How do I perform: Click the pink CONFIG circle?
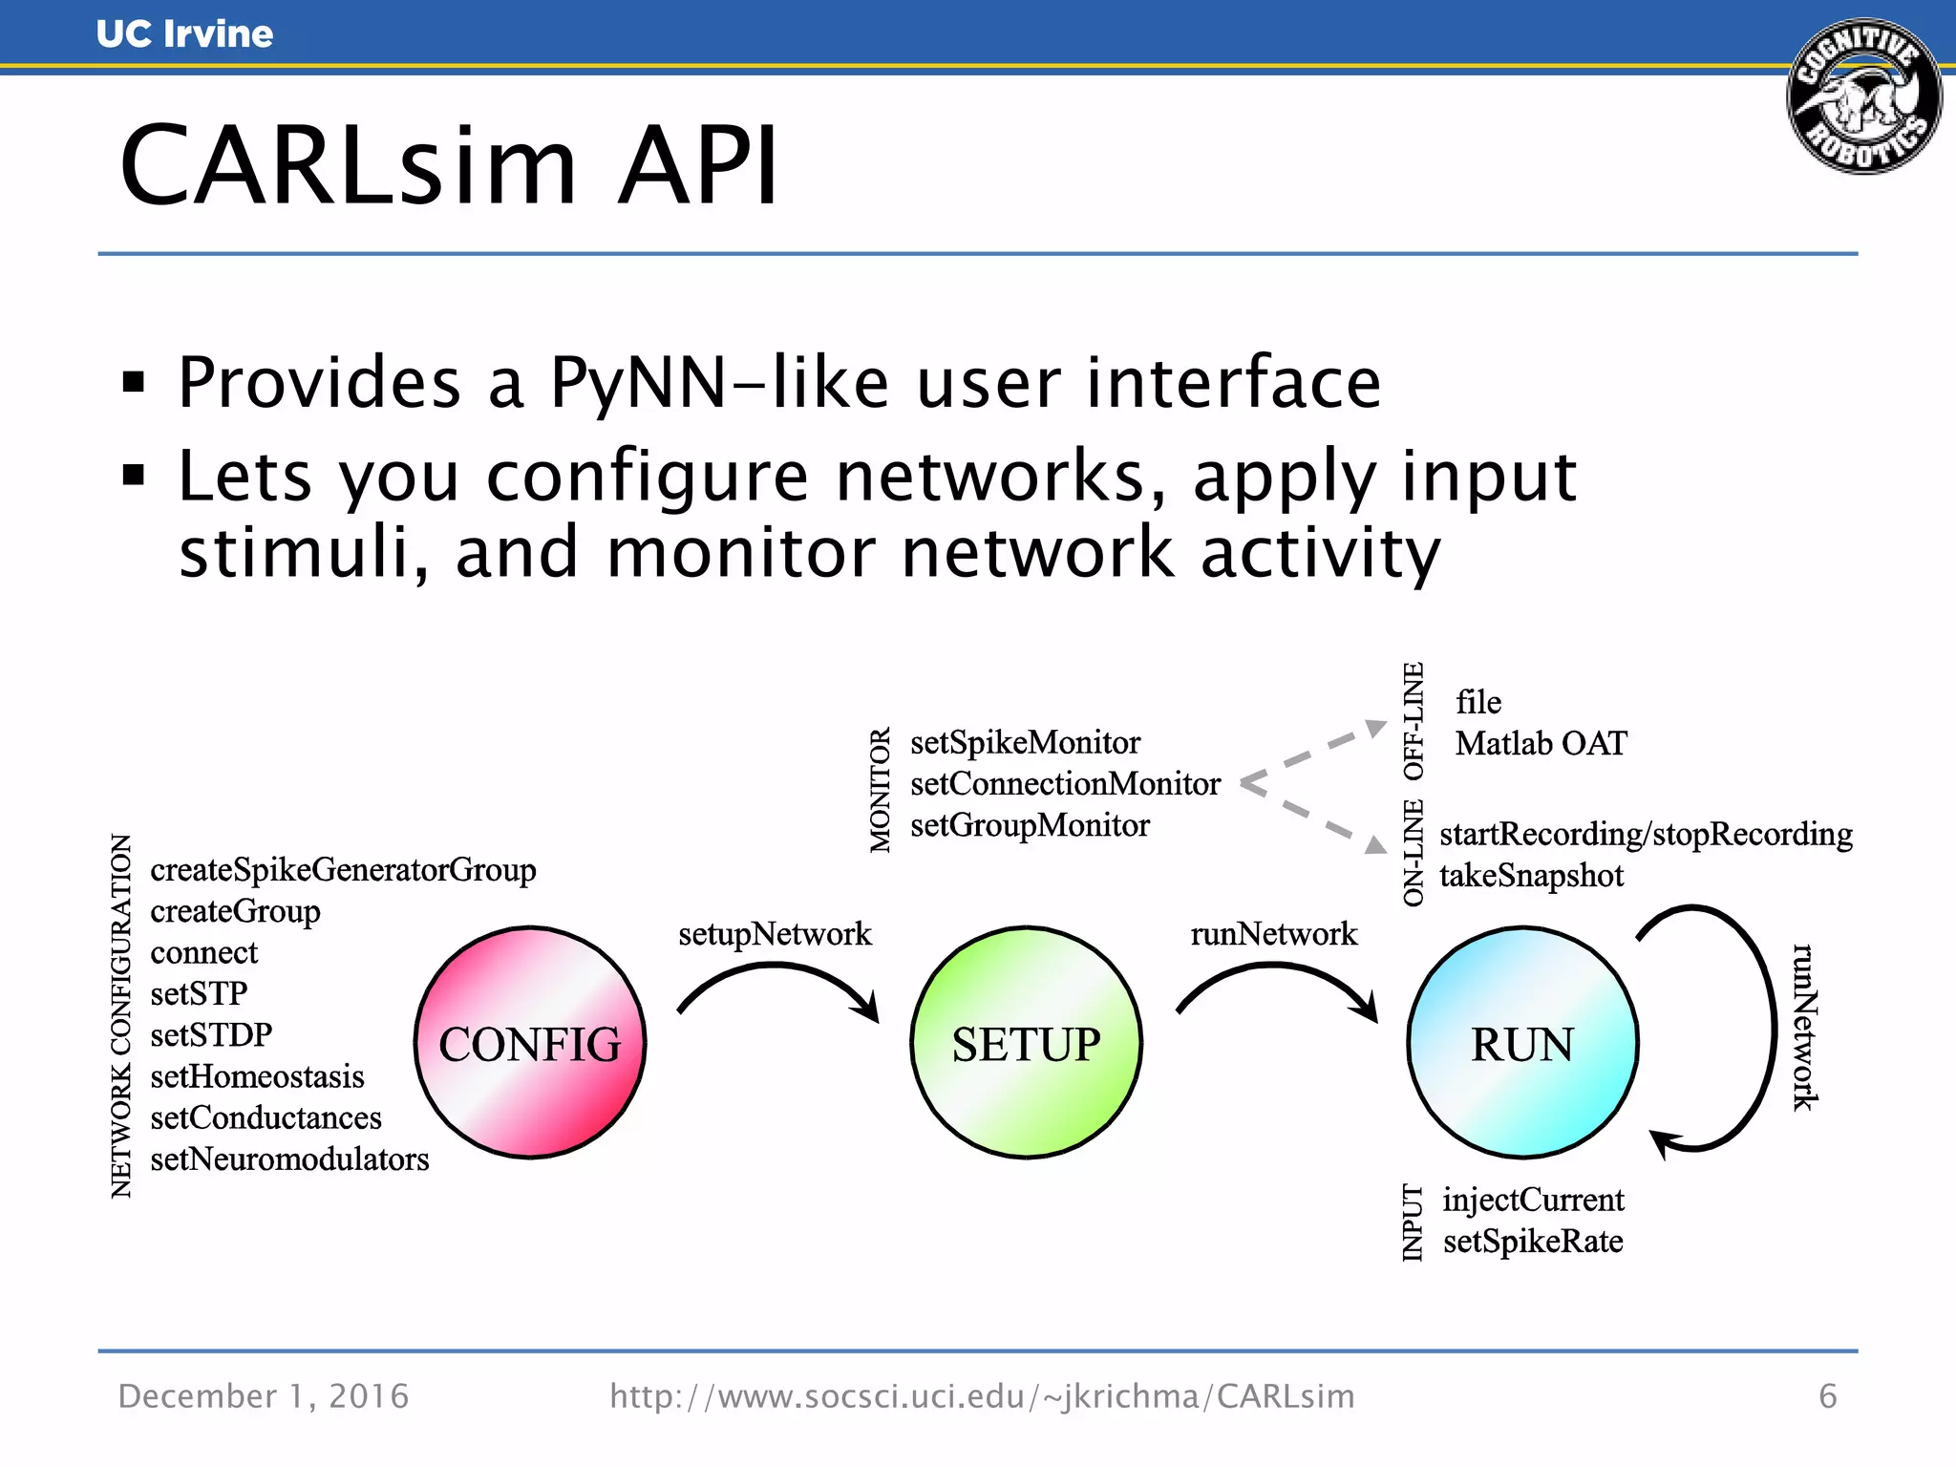530,1043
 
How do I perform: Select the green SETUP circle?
1026,1043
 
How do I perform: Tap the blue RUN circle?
1522,1043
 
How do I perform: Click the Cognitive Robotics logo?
1863,96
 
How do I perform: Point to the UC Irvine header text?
184,34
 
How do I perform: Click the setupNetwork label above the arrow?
775,933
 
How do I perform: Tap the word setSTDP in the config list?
211,1034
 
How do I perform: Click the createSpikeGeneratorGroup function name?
343,870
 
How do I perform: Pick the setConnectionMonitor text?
1065,784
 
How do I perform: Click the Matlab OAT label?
1541,743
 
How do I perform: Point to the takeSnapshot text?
1531,876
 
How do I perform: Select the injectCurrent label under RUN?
1533,1200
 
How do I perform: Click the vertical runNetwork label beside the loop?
1804,1027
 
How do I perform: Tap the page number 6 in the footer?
1827,1396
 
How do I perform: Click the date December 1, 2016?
264,1396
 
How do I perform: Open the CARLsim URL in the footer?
982,1396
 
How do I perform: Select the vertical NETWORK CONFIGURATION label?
121,1015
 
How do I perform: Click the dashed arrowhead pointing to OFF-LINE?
1375,729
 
